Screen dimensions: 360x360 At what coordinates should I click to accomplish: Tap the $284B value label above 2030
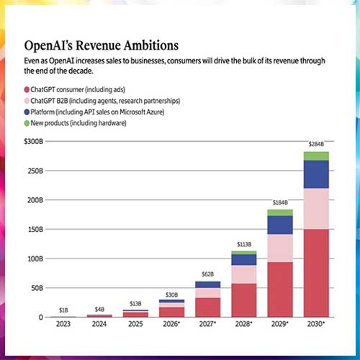[x=316, y=144]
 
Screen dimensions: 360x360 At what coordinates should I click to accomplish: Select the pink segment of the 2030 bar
[x=316, y=209]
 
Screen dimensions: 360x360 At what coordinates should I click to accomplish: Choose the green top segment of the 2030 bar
[x=316, y=156]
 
